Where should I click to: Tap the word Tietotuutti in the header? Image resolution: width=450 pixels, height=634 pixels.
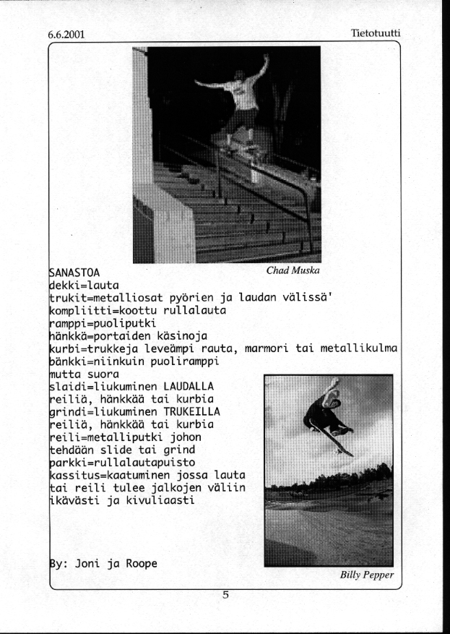[375, 33]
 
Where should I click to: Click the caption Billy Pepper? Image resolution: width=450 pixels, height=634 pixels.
[366, 575]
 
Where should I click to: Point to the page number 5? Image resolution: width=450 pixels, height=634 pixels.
[225, 596]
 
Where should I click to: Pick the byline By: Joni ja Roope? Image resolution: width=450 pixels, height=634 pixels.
[103, 563]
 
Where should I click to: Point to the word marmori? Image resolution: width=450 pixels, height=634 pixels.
[268, 348]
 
